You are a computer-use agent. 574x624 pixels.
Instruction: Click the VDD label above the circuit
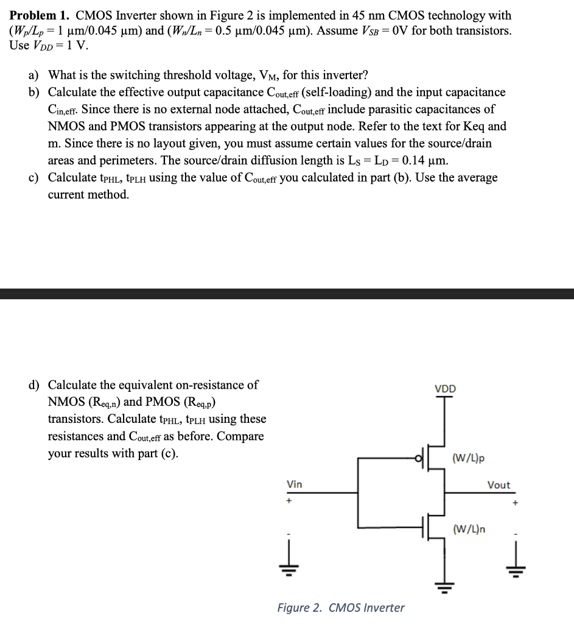tap(444, 389)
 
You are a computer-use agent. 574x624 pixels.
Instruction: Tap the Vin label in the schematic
tap(294, 484)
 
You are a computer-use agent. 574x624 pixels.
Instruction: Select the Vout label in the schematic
tap(499, 485)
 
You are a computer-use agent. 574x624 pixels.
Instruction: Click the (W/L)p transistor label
tap(469, 458)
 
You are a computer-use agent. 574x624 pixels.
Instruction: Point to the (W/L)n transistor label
tap(469, 528)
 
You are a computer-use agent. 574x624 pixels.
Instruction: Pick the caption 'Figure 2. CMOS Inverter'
tap(340, 608)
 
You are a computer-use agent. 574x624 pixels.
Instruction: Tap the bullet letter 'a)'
tap(34, 76)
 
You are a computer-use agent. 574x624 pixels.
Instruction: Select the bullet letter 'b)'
tap(34, 93)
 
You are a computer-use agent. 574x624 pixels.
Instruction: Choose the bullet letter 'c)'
tap(34, 178)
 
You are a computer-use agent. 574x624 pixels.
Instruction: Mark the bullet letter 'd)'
tap(34, 385)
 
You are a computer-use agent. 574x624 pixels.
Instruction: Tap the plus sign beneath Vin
tap(290, 502)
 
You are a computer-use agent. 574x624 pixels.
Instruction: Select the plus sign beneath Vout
tap(516, 503)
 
